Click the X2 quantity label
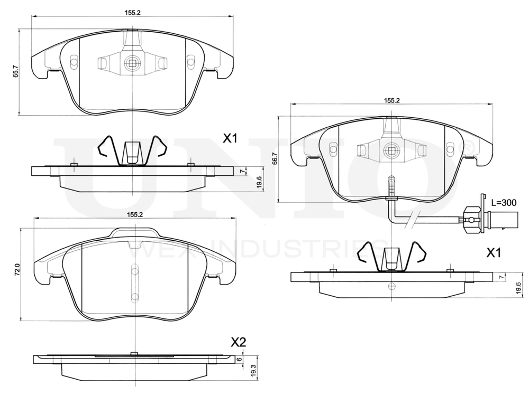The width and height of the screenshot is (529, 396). click(x=239, y=342)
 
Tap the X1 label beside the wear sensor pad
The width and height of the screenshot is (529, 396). click(x=494, y=253)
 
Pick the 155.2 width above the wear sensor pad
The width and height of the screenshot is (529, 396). click(x=391, y=100)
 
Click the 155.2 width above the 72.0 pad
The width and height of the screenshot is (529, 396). click(x=135, y=214)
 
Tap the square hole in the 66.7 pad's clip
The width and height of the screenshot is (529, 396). click(x=391, y=150)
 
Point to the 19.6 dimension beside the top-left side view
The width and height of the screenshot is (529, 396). click(x=259, y=181)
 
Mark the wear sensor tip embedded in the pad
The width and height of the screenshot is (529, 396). click(x=390, y=186)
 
